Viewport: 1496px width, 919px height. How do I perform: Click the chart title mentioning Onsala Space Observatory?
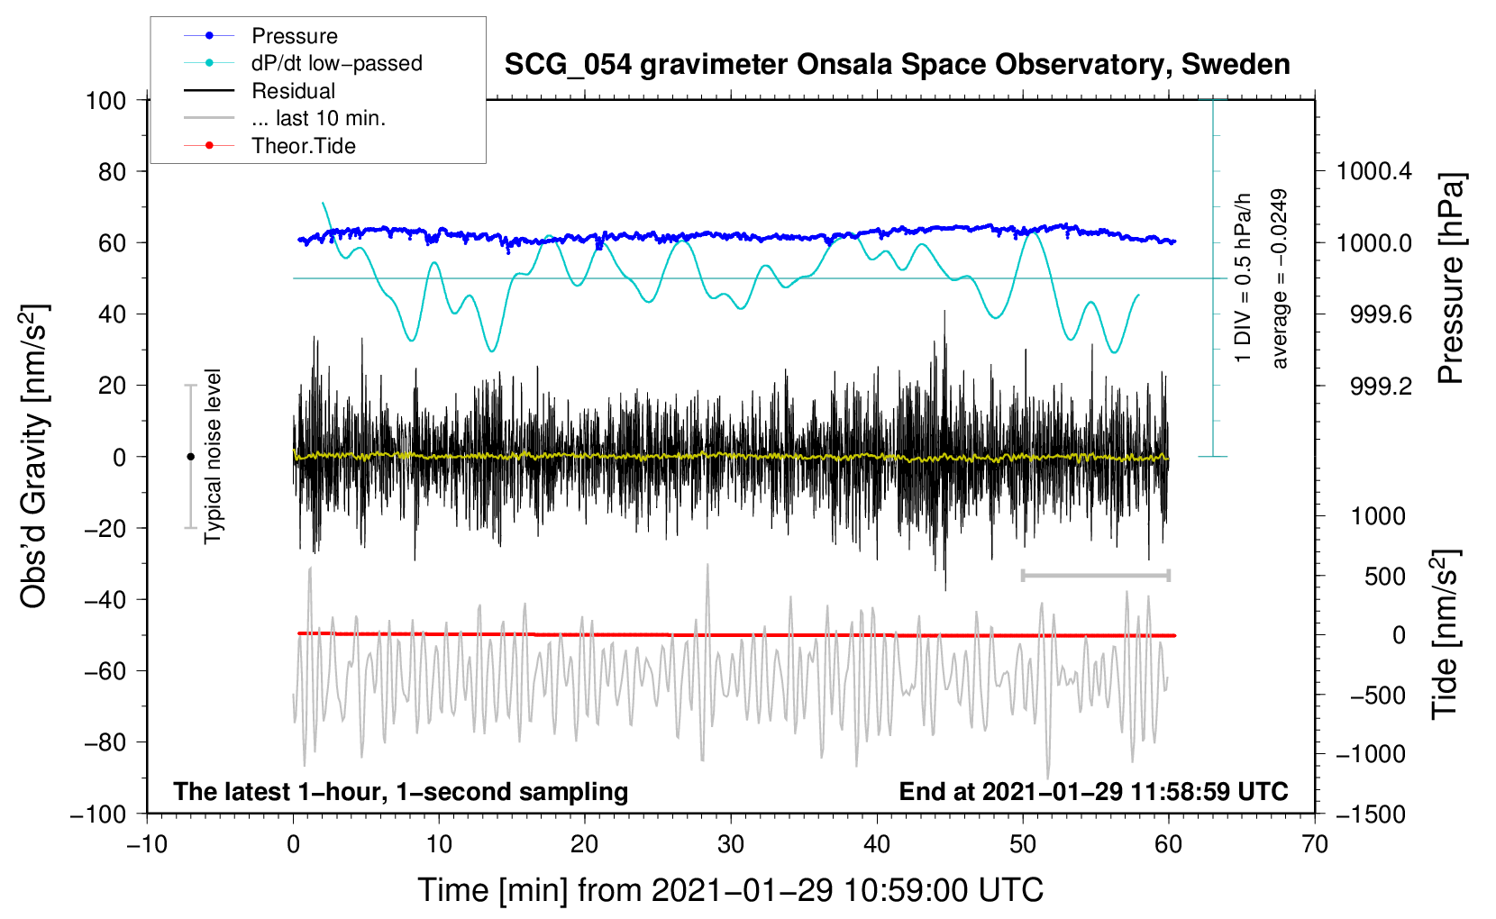coord(897,65)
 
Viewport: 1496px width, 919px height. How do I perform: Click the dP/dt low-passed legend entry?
coord(336,63)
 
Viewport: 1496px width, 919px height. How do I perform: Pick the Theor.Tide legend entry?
coord(303,146)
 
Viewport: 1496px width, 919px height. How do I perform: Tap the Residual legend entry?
coord(293,91)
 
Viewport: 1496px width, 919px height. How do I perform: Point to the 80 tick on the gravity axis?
coord(112,171)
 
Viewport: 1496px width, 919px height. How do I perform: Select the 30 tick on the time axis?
coord(731,844)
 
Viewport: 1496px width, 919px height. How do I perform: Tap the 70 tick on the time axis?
coord(1315,844)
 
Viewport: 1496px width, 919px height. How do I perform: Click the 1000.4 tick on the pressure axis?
coord(1373,171)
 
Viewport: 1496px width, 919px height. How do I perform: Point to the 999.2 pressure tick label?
coord(1381,387)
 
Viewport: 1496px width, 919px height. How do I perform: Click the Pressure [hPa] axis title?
coord(1450,279)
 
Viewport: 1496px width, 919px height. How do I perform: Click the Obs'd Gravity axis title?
coord(34,457)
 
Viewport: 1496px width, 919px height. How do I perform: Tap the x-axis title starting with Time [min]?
coord(731,890)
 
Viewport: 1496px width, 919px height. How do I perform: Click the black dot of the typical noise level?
coord(190,457)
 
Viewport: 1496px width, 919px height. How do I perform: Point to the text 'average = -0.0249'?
coord(1280,279)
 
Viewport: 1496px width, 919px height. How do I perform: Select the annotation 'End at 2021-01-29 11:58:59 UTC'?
coord(1093,792)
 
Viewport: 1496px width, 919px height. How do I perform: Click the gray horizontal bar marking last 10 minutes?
coord(1095,575)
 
